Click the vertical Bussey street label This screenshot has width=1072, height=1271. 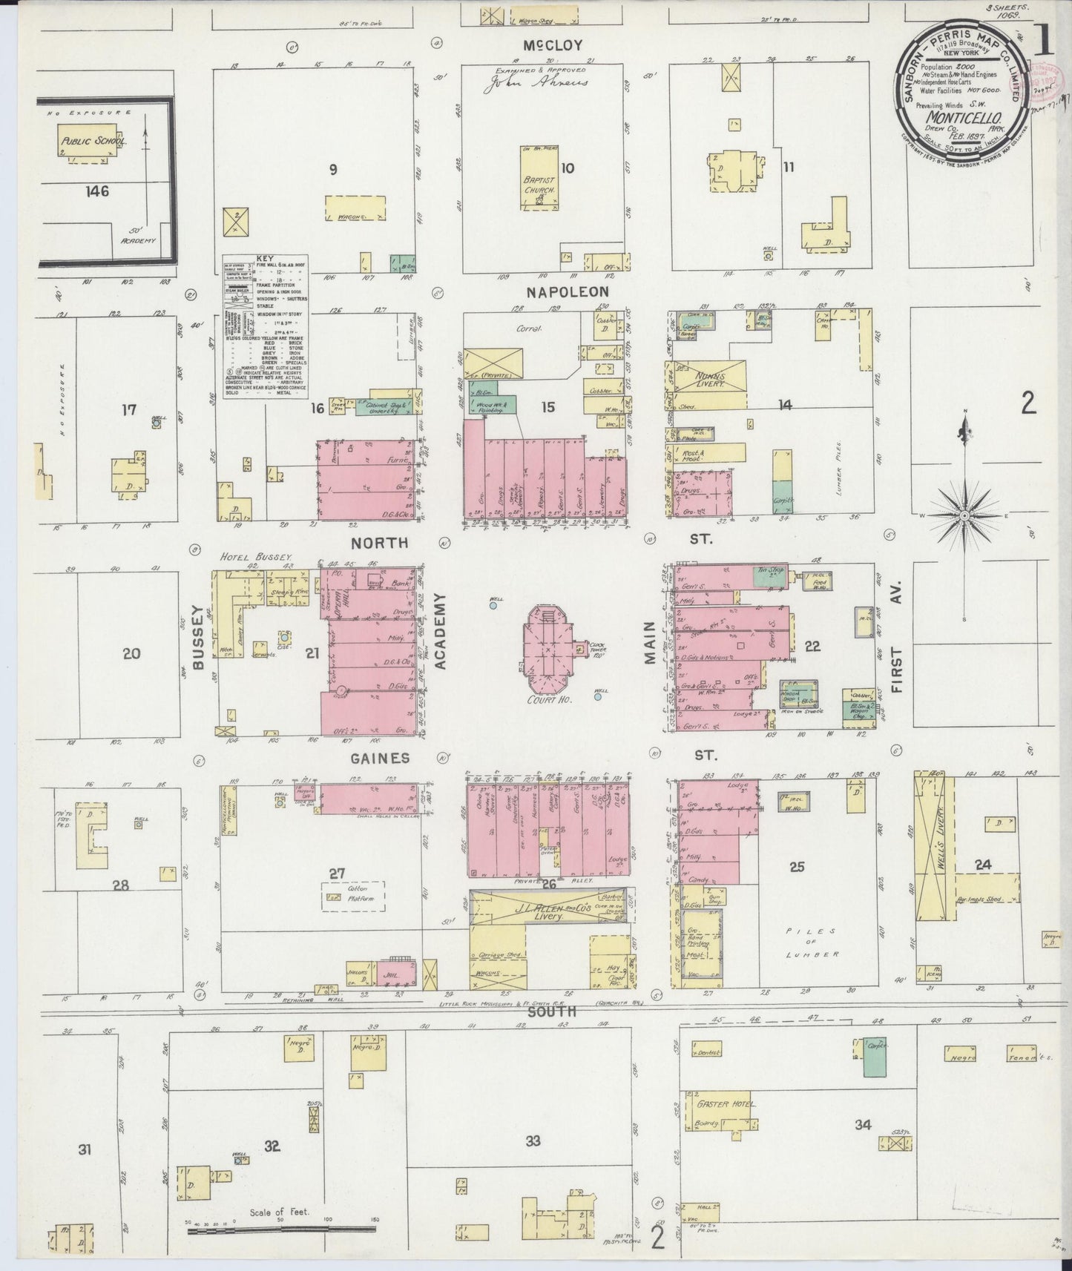pyautogui.click(x=198, y=637)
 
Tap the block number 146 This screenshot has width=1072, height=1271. pyautogui.click(x=96, y=191)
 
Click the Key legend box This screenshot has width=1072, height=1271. pyautogui.click(x=266, y=326)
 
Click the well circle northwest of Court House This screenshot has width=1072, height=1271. pyautogui.click(x=493, y=606)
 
